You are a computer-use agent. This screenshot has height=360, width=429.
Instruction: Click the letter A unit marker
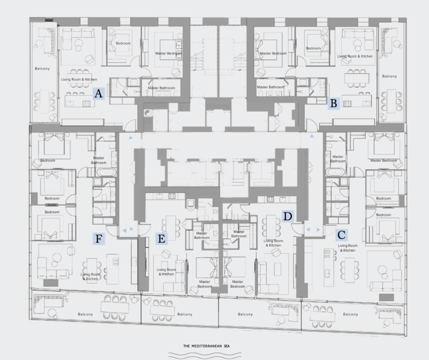pyautogui.click(x=98, y=94)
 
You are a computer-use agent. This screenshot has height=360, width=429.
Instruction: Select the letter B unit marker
pyautogui.click(x=334, y=103)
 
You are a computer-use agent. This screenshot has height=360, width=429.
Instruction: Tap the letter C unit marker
pyautogui.click(x=341, y=235)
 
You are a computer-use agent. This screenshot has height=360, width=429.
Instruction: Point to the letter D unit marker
pyautogui.click(x=288, y=216)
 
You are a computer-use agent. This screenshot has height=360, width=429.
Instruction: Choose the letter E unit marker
pyautogui.click(x=161, y=239)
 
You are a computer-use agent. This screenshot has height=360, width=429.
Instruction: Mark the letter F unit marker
pyautogui.click(x=98, y=239)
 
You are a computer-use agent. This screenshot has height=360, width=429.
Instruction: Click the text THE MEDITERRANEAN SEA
pyautogui.click(x=206, y=346)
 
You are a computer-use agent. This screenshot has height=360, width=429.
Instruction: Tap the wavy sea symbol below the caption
pyautogui.click(x=205, y=355)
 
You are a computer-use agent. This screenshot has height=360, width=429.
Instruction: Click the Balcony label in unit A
pyautogui.click(x=42, y=69)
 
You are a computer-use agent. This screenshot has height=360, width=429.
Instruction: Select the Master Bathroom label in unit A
pyautogui.click(x=162, y=88)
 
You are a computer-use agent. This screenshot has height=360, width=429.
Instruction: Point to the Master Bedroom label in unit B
pyautogui.click(x=273, y=53)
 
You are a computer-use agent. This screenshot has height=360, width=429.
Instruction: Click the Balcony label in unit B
pyautogui.click(x=389, y=76)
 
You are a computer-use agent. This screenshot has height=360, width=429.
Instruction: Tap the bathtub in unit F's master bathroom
pyautogui.click(x=107, y=172)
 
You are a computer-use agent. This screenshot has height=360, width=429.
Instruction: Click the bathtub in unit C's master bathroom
pyautogui.click(x=335, y=172)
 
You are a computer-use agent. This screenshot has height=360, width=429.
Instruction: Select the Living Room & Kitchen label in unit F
pyautogui.click(x=90, y=277)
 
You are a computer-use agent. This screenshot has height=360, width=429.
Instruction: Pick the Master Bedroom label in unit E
pyautogui.click(x=205, y=284)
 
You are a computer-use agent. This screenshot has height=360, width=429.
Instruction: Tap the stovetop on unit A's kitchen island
pyautogui.click(x=86, y=104)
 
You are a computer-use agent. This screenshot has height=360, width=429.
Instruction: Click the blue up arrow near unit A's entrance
pyautogui.click(x=131, y=137)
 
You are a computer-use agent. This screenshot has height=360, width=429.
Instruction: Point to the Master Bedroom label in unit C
pyautogui.click(x=383, y=161)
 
